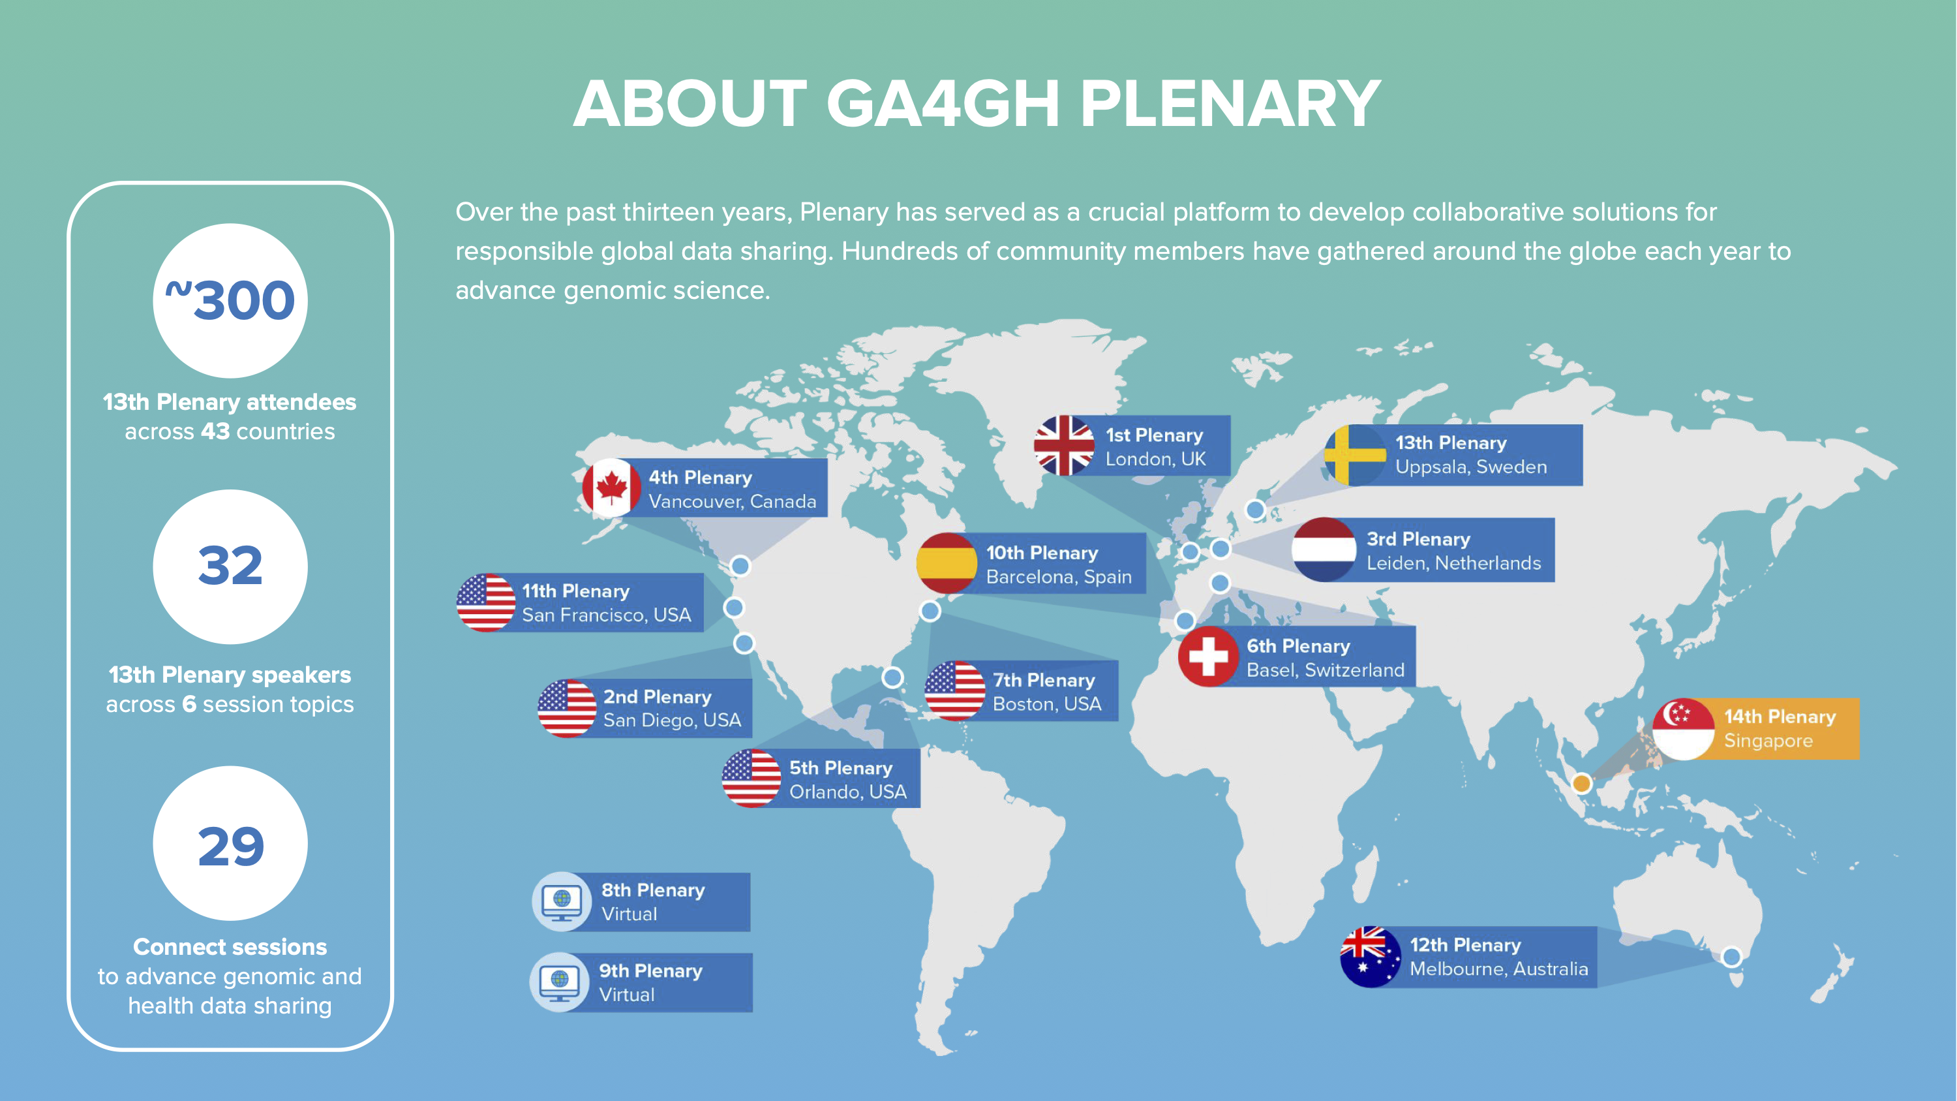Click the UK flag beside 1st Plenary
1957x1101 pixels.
tap(1063, 446)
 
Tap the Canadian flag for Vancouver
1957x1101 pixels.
tap(612, 488)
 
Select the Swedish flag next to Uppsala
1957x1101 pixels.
tap(1354, 454)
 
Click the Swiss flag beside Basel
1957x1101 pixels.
tap(1208, 657)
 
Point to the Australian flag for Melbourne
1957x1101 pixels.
tap(1371, 957)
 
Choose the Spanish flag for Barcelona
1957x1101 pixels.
tap(947, 563)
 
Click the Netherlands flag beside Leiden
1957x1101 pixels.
tap(1324, 550)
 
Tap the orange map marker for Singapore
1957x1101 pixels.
tap(1582, 783)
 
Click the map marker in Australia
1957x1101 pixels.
tap(1731, 957)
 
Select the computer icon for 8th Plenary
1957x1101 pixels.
tap(562, 901)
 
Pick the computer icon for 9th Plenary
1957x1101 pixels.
tap(559, 982)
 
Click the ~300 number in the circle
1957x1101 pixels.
tap(230, 300)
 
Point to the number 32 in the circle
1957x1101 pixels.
tap(230, 566)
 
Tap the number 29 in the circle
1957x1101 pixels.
tap(230, 846)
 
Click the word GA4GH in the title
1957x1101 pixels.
tap(943, 104)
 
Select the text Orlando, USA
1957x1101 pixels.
tap(848, 792)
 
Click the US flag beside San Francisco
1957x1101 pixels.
tap(486, 602)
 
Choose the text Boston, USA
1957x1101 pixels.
tap(1047, 704)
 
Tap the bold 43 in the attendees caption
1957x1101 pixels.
tap(215, 431)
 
